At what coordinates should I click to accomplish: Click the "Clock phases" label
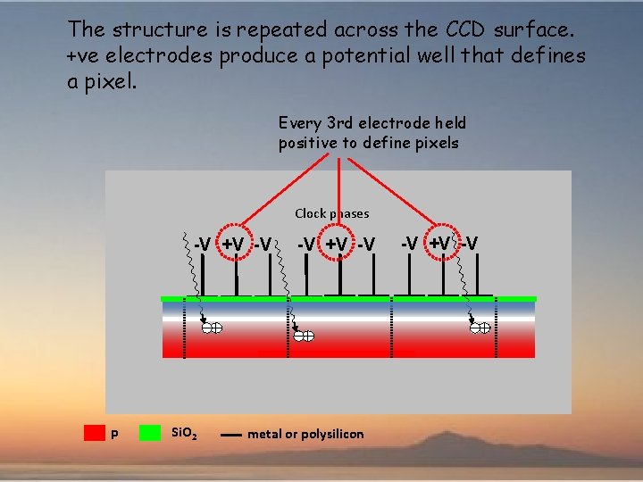tap(331, 213)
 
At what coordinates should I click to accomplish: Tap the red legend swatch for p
tap(94, 433)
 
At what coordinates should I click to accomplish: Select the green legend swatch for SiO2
tap(150, 433)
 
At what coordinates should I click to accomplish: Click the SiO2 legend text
tap(184, 435)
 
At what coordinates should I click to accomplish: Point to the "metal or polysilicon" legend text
tap(305, 434)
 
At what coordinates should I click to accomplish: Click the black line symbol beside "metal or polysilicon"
tap(230, 435)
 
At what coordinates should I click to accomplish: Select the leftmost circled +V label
tap(233, 244)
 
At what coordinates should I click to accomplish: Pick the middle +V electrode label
tap(336, 244)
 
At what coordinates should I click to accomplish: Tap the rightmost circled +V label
tap(439, 243)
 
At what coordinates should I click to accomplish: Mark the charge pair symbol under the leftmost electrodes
tap(212, 328)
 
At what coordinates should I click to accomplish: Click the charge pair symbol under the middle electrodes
tap(305, 336)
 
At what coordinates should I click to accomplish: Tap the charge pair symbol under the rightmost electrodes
tap(480, 328)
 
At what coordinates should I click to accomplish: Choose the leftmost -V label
tap(203, 244)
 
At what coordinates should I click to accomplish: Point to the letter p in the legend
tap(113, 435)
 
